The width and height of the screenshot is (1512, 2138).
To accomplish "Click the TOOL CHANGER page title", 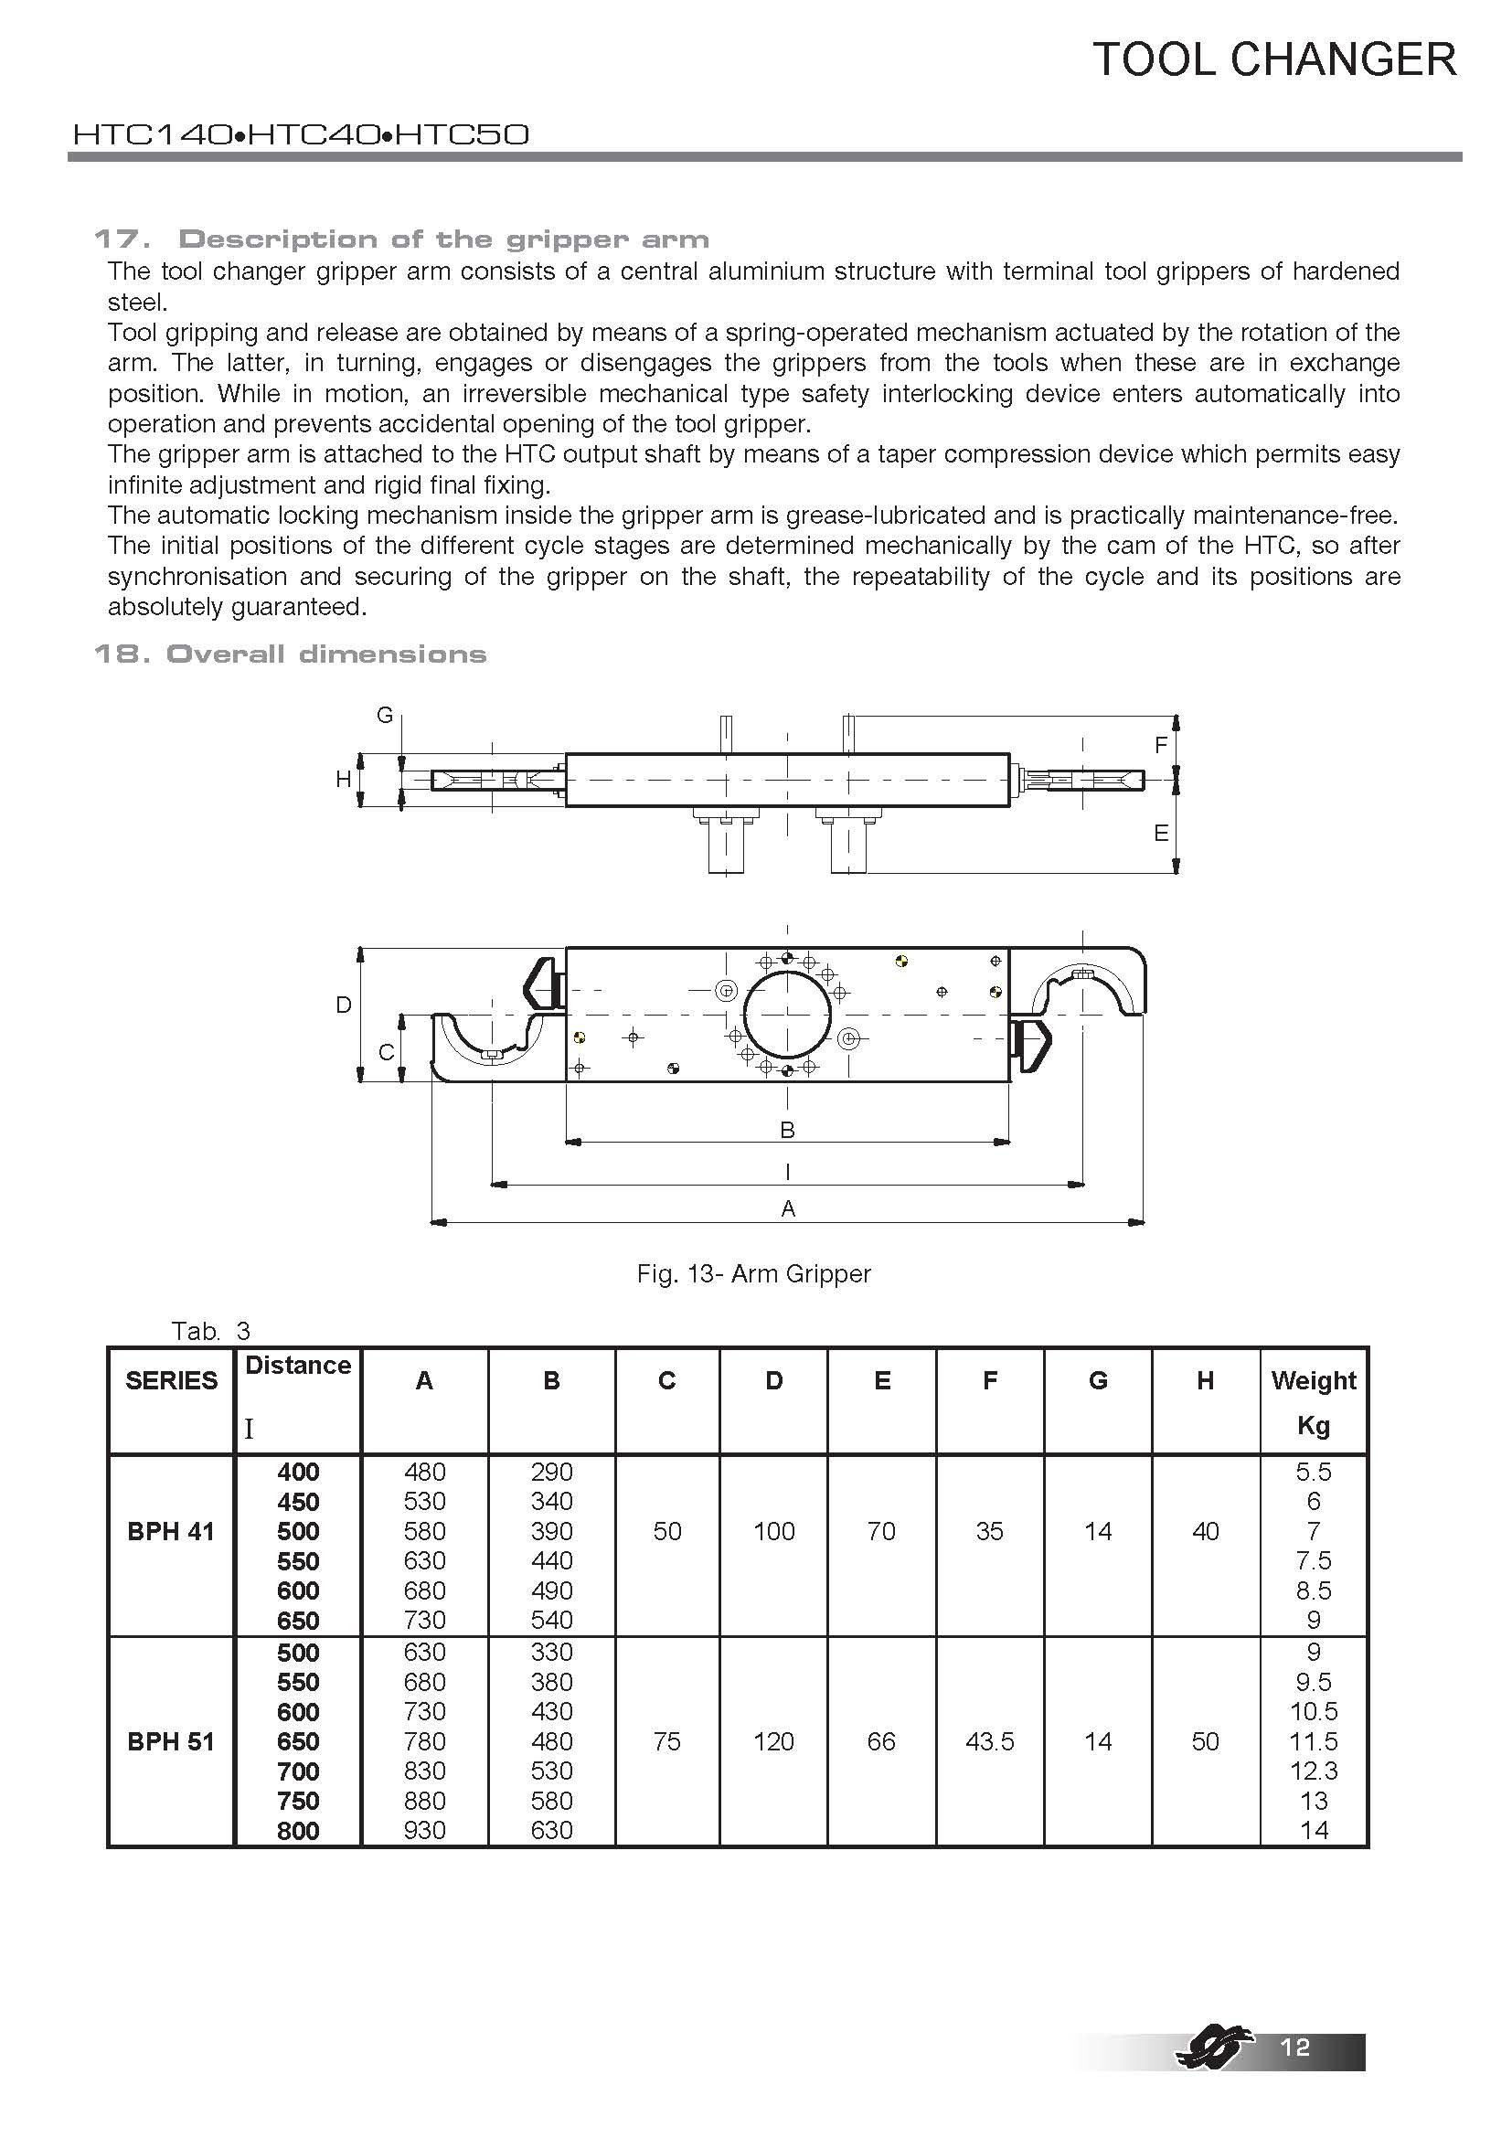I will (x=1273, y=59).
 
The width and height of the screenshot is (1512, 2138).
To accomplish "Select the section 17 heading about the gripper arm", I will (x=401, y=239).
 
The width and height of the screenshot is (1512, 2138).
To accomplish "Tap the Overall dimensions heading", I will (x=290, y=654).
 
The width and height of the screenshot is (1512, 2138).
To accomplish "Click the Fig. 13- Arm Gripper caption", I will (x=753, y=1273).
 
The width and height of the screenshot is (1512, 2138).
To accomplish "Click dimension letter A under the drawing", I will (x=788, y=1208).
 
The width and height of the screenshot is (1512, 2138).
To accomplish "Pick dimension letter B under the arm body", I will (x=787, y=1130).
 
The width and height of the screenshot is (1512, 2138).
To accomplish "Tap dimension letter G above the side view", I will (x=384, y=715).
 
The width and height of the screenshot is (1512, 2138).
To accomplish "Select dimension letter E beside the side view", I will (x=1161, y=834).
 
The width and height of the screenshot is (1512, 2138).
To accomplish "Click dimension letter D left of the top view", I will (x=344, y=1005).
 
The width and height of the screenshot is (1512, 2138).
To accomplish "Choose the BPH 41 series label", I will (x=170, y=1531).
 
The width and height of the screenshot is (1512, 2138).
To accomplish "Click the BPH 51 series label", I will (x=170, y=1740).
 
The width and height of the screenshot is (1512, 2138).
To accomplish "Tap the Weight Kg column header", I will (x=1313, y=1401).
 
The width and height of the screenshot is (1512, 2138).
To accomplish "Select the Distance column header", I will (x=298, y=1366).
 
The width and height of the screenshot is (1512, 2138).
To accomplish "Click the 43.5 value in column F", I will (x=989, y=1740).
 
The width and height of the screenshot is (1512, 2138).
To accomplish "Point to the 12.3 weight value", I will (x=1313, y=1771).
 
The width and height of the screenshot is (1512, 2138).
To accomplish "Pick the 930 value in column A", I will (x=424, y=1830).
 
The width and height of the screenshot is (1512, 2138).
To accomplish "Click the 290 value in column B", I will (x=551, y=1472).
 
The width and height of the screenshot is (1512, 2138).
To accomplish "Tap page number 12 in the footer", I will (x=1295, y=2046).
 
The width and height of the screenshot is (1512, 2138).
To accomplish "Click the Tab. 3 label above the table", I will (x=210, y=1331).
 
